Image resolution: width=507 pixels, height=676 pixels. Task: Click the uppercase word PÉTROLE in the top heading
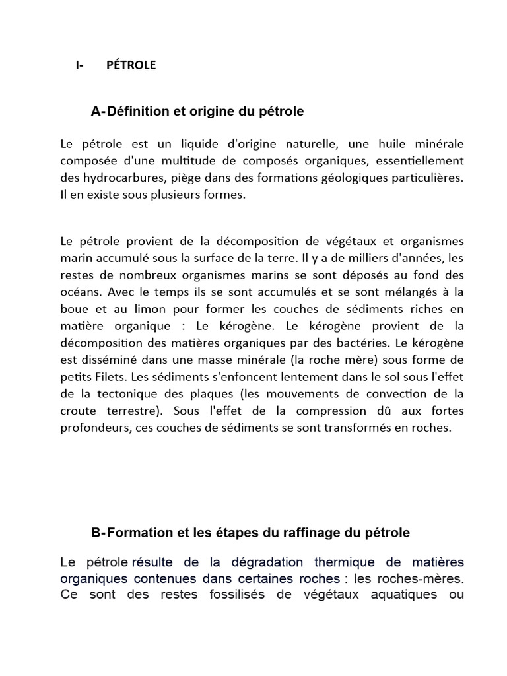(131, 65)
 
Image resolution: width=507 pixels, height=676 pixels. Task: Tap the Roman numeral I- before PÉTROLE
(80, 65)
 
